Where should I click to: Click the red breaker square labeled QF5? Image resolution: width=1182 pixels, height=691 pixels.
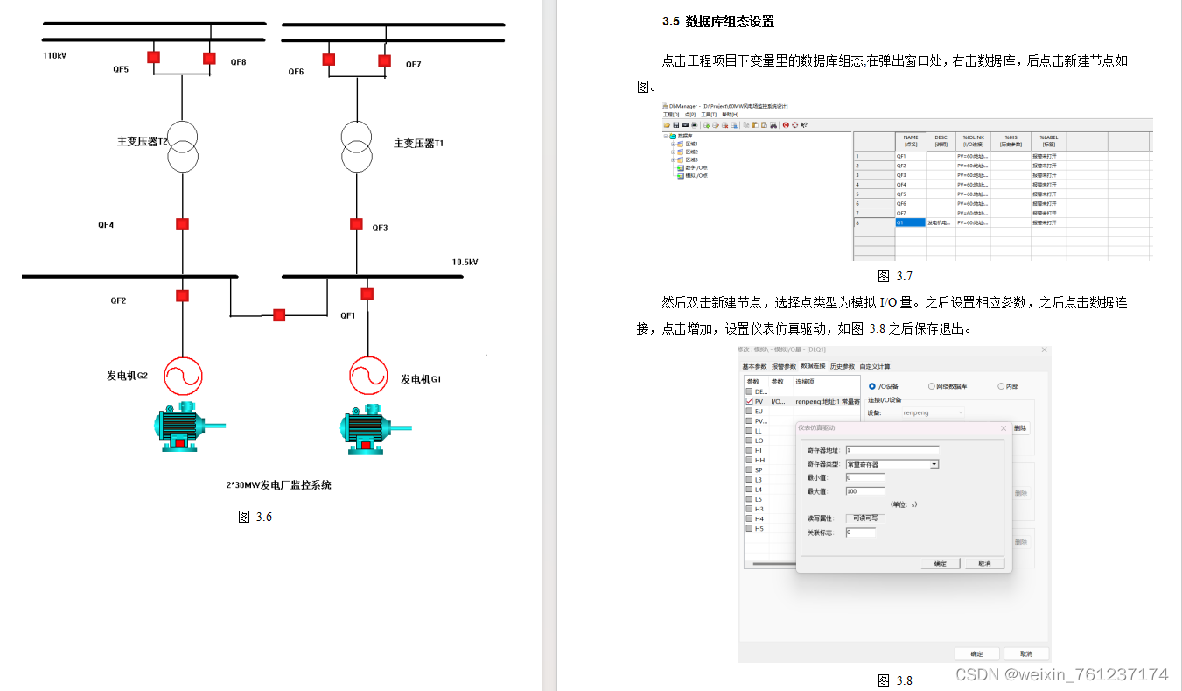pos(153,58)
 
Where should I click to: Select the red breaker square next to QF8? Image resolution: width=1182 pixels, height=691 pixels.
pos(209,58)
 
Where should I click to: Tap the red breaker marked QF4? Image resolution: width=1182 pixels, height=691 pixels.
pos(182,224)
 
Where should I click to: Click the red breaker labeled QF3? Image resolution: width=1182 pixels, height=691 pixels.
pos(356,224)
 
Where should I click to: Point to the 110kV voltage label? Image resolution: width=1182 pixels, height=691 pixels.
pos(55,55)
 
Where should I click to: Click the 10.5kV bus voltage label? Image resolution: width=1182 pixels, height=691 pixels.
pos(465,262)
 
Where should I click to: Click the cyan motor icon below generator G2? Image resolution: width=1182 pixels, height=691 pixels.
pos(184,427)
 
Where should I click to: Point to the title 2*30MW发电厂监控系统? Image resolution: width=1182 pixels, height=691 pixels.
pos(278,484)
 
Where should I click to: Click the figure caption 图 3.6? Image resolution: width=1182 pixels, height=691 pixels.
pos(255,517)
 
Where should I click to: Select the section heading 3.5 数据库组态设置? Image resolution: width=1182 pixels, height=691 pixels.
pos(717,21)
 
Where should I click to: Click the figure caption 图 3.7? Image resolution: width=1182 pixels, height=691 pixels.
pos(894,276)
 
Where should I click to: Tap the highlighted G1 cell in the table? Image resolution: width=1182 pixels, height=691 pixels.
pos(910,222)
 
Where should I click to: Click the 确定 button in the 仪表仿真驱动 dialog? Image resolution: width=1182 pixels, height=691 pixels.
pos(940,563)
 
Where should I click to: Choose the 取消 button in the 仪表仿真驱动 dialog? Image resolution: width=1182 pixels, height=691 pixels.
pos(984,563)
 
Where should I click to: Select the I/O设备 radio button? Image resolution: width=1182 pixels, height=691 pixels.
pos(872,386)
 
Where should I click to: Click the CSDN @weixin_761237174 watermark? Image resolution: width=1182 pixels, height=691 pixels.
pos(1061,674)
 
